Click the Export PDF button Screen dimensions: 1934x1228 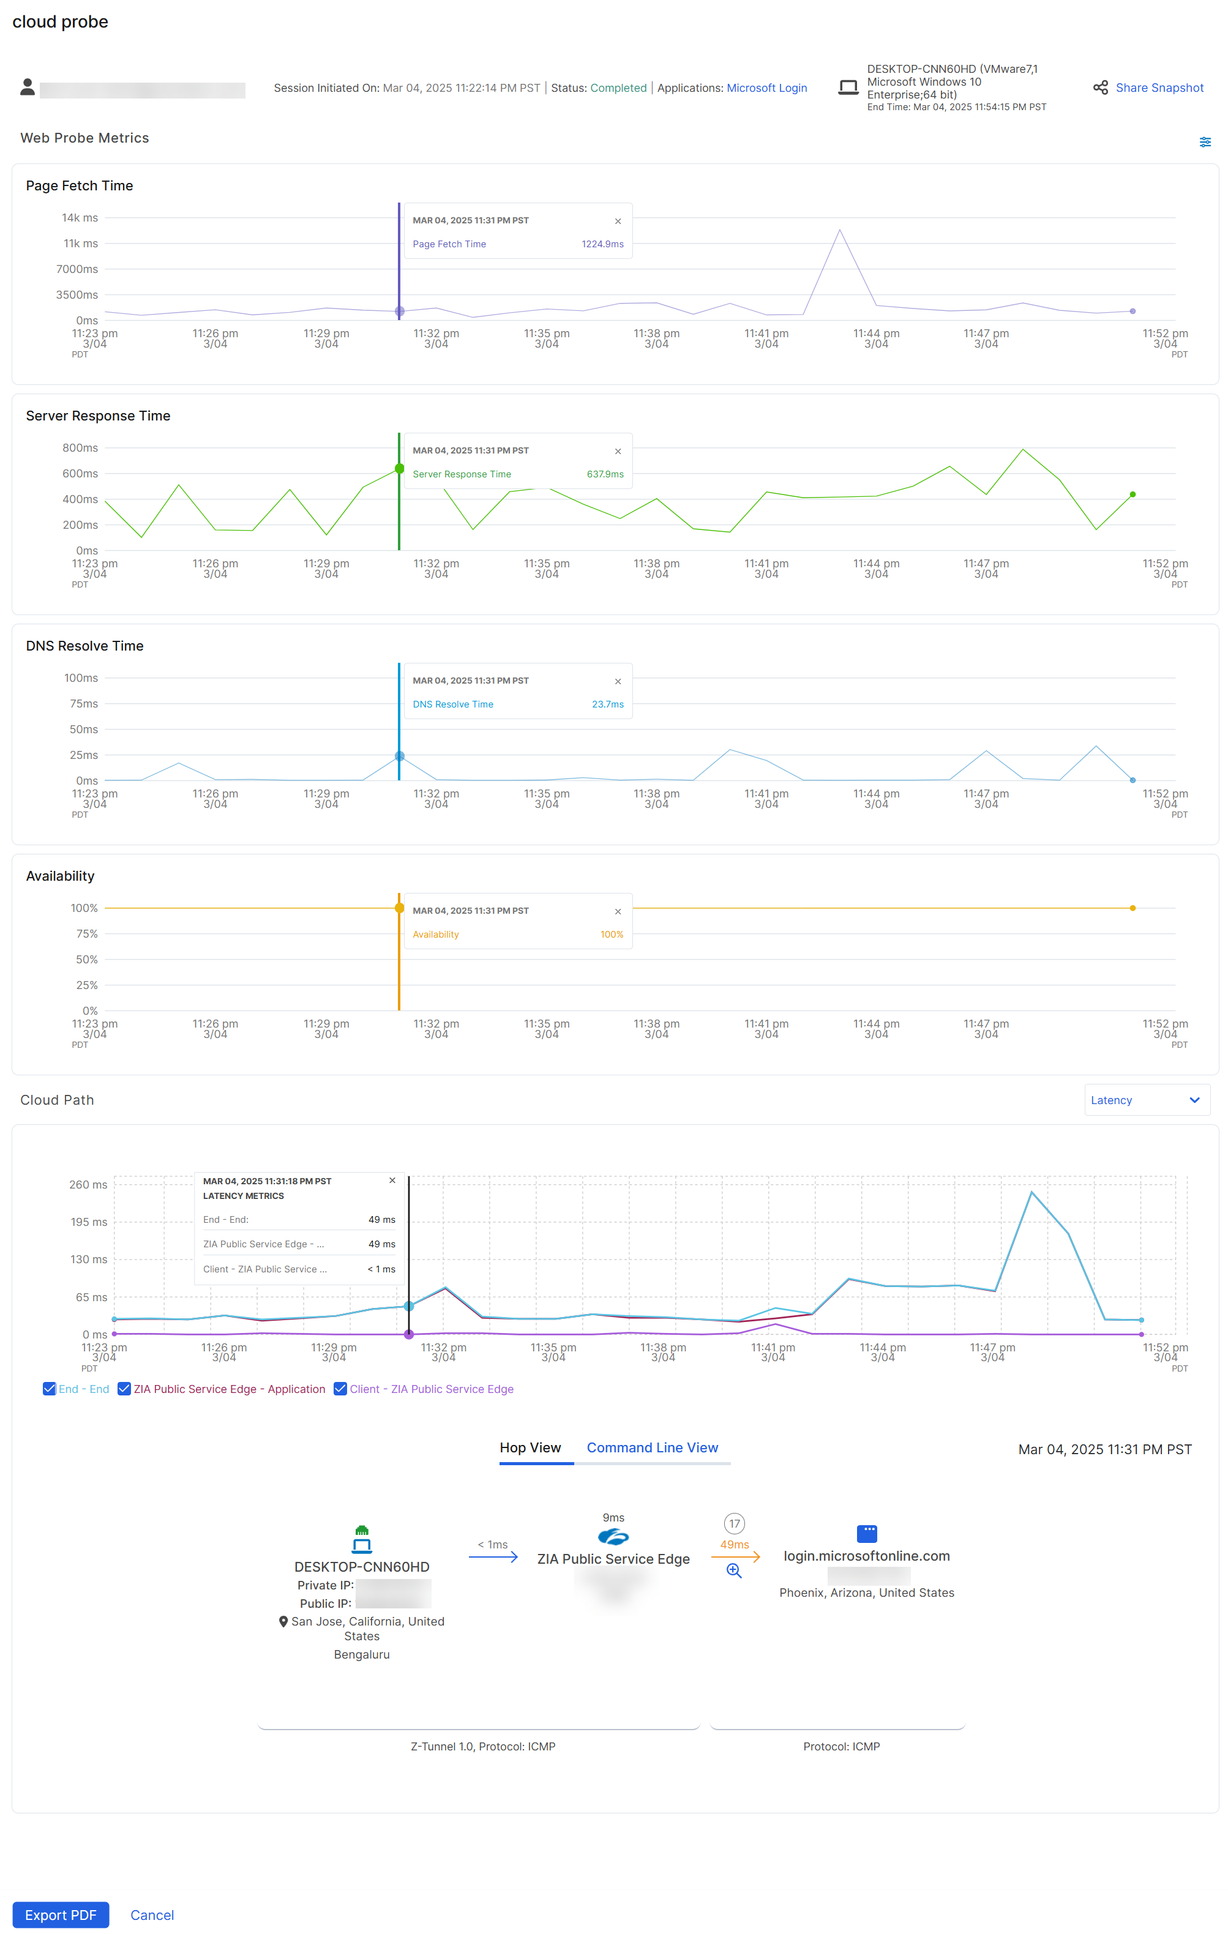pos(60,1915)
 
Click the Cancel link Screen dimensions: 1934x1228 pos(152,1915)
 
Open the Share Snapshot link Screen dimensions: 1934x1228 pos(1158,88)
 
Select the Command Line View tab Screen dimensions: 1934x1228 pos(651,1447)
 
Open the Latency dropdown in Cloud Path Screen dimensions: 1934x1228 pos(1146,1100)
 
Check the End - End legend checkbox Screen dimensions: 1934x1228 pos(50,1389)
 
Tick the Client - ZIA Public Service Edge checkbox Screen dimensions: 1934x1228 pos(340,1389)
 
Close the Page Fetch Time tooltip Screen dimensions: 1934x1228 pos(618,221)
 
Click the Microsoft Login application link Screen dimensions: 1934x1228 pos(766,88)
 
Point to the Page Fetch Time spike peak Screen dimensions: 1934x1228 pos(839,231)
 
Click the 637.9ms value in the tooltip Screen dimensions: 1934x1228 pos(605,474)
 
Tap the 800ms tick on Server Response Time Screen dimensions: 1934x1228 pos(80,447)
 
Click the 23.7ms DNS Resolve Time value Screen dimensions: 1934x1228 pos(607,704)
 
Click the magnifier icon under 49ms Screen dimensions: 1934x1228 pos(733,1570)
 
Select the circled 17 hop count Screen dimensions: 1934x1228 pos(734,1523)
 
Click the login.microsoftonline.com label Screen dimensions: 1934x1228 pos(866,1556)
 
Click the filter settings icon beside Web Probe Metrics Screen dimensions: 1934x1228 pos(1205,142)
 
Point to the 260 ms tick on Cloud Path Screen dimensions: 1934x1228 pos(88,1185)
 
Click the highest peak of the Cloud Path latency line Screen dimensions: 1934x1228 pos(1031,1192)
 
